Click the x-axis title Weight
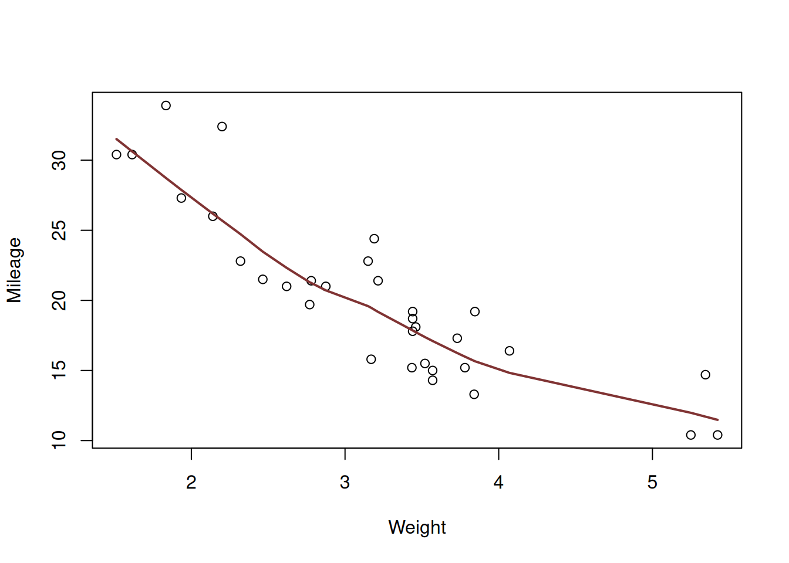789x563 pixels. point(417,527)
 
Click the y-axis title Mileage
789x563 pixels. point(14,270)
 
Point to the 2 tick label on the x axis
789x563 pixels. point(191,483)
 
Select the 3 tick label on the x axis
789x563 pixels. point(345,483)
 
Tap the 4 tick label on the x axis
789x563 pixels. point(498,483)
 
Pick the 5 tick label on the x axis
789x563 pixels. point(652,483)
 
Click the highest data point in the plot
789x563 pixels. point(166,106)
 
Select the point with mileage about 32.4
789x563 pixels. point(222,127)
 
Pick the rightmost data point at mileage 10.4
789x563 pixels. point(717,435)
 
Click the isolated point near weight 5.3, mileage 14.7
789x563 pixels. point(706,375)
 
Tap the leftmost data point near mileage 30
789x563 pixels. point(116,155)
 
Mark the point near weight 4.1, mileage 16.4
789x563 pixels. point(510,351)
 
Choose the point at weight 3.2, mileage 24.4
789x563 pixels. point(375,239)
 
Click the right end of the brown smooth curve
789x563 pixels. point(718,419)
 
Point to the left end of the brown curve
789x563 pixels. point(116,139)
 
